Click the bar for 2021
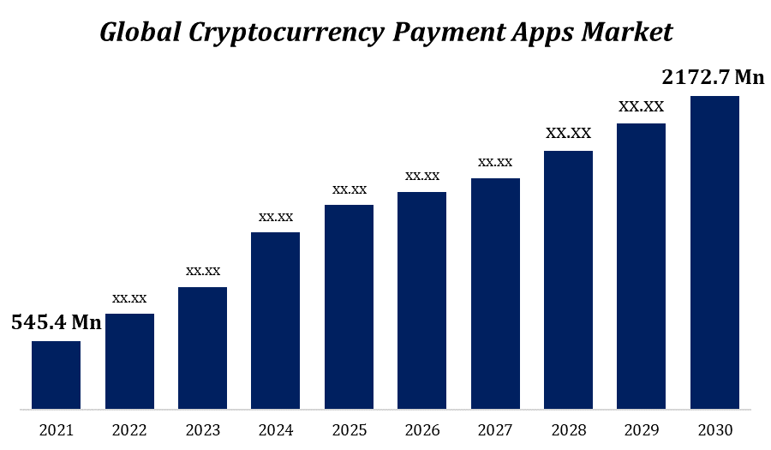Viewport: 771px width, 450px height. coord(56,375)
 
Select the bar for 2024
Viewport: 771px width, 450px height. coord(275,320)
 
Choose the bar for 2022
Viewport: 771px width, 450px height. coord(129,361)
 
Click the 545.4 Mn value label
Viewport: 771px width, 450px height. coord(56,322)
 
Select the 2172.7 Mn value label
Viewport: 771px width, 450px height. coord(713,77)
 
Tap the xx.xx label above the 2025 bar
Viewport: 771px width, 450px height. coord(349,189)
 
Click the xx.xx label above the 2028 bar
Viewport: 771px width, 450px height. coord(568,134)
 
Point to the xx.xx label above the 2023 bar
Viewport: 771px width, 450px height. coord(203,271)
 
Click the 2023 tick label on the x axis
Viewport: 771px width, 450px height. coord(203,429)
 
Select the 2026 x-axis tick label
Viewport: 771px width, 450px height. coord(422,429)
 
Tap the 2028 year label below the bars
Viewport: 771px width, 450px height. coord(568,429)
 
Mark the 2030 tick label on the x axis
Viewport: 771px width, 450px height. coord(714,429)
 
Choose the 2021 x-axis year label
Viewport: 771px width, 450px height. coord(56,429)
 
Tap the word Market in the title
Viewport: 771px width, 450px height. coord(627,32)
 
